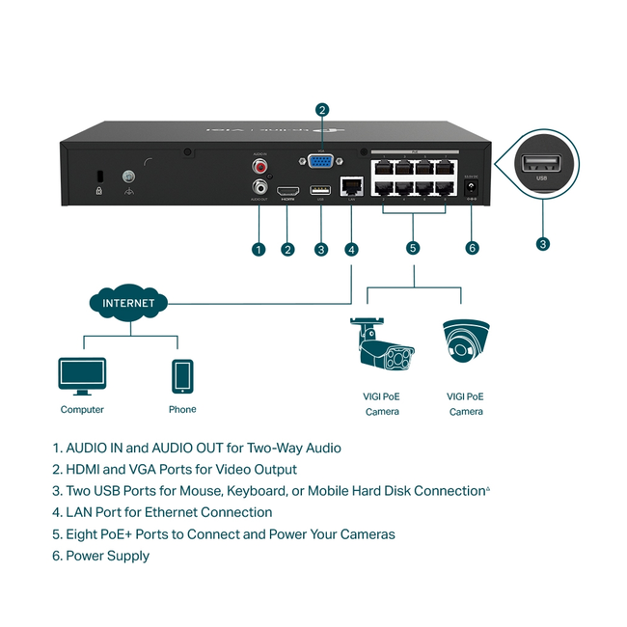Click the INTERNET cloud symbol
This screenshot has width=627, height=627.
(128, 303)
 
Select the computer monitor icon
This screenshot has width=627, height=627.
(82, 375)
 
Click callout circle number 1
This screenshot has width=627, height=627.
(258, 249)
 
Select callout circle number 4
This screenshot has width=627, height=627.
(351, 249)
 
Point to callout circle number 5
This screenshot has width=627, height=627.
(414, 248)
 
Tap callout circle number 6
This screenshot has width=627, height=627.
(472, 248)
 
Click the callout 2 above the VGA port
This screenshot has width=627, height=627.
(322, 110)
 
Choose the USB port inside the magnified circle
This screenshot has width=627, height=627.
(538, 164)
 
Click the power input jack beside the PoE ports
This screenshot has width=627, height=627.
(472, 190)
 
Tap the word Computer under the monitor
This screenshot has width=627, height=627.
(82, 410)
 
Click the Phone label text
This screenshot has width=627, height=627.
(182, 409)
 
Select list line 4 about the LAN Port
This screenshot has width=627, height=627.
(162, 512)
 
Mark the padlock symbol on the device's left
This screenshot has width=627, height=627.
(99, 191)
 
